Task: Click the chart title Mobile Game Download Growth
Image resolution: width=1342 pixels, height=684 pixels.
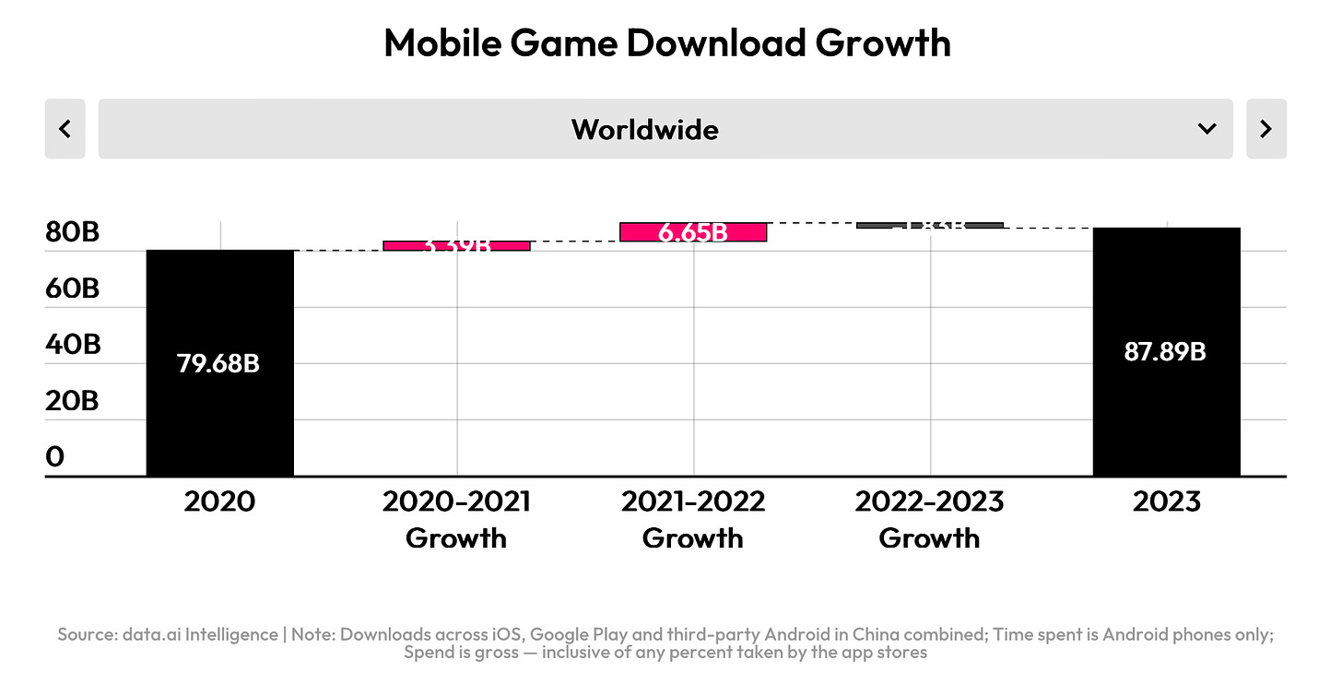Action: coord(666,43)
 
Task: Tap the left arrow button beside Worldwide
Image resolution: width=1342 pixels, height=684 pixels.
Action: coord(65,129)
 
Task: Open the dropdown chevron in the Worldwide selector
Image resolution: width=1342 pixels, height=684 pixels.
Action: coord(1207,129)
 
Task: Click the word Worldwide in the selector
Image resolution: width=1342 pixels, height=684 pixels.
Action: coord(644,129)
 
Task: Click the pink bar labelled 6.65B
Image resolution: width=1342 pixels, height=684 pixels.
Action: coord(693,232)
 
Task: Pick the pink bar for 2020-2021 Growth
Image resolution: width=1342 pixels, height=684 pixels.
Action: coord(456,245)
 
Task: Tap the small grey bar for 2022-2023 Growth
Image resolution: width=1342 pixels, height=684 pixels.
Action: coord(929,225)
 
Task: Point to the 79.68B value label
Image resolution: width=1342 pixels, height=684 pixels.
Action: coord(218,364)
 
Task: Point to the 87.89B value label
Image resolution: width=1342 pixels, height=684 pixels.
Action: coord(1165,352)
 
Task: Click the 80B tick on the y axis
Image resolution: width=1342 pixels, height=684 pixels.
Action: coord(72,232)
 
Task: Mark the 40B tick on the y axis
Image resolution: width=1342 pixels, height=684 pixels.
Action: coord(72,345)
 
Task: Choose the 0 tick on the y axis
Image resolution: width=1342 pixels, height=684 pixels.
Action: coord(55,457)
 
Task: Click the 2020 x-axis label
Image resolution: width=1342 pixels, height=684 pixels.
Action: coord(219,502)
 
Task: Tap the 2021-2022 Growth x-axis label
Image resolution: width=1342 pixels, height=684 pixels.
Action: coord(693,520)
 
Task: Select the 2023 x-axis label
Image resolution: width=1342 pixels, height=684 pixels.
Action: coord(1166,502)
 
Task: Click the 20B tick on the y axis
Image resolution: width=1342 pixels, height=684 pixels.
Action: coord(72,401)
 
